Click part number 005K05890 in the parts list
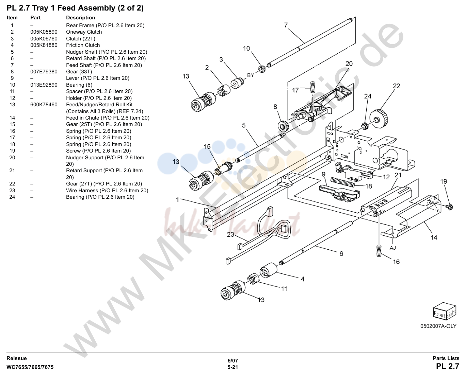(44, 32)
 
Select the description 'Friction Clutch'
(83, 45)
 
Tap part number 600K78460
(44, 105)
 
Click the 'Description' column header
(81, 18)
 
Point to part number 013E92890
(44, 85)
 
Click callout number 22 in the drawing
(396, 86)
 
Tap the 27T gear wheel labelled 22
(379, 119)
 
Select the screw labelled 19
(450, 207)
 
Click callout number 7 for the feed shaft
(286, 25)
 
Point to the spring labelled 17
(313, 87)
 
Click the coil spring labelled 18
(342, 182)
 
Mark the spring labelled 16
(379, 251)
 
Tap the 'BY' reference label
(251, 75)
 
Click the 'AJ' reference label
(392, 248)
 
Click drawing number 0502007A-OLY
(438, 326)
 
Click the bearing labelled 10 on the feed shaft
(262, 69)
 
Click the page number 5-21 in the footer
(233, 367)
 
